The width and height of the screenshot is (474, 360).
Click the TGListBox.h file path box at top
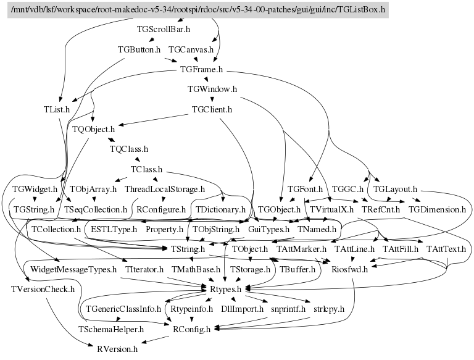tap(197, 9)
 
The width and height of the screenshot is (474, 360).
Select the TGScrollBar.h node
tap(163, 28)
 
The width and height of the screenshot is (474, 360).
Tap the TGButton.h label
tap(139, 49)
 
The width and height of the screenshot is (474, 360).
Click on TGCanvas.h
tap(191, 49)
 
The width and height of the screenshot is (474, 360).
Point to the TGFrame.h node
tap(201, 69)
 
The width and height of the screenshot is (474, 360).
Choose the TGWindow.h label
tap(212, 89)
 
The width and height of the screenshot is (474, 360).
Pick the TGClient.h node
tap(212, 109)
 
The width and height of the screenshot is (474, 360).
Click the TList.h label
tap(57, 109)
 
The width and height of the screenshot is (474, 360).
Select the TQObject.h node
tap(94, 129)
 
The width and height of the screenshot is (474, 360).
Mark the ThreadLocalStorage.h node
tap(165, 189)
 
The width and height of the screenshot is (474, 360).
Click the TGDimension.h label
tap(437, 209)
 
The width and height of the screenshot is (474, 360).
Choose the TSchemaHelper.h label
tap(110, 329)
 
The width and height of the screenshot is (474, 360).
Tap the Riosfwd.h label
tap(350, 269)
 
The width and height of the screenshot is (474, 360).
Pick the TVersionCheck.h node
tap(43, 288)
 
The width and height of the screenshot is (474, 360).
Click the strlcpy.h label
tap(329, 308)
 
